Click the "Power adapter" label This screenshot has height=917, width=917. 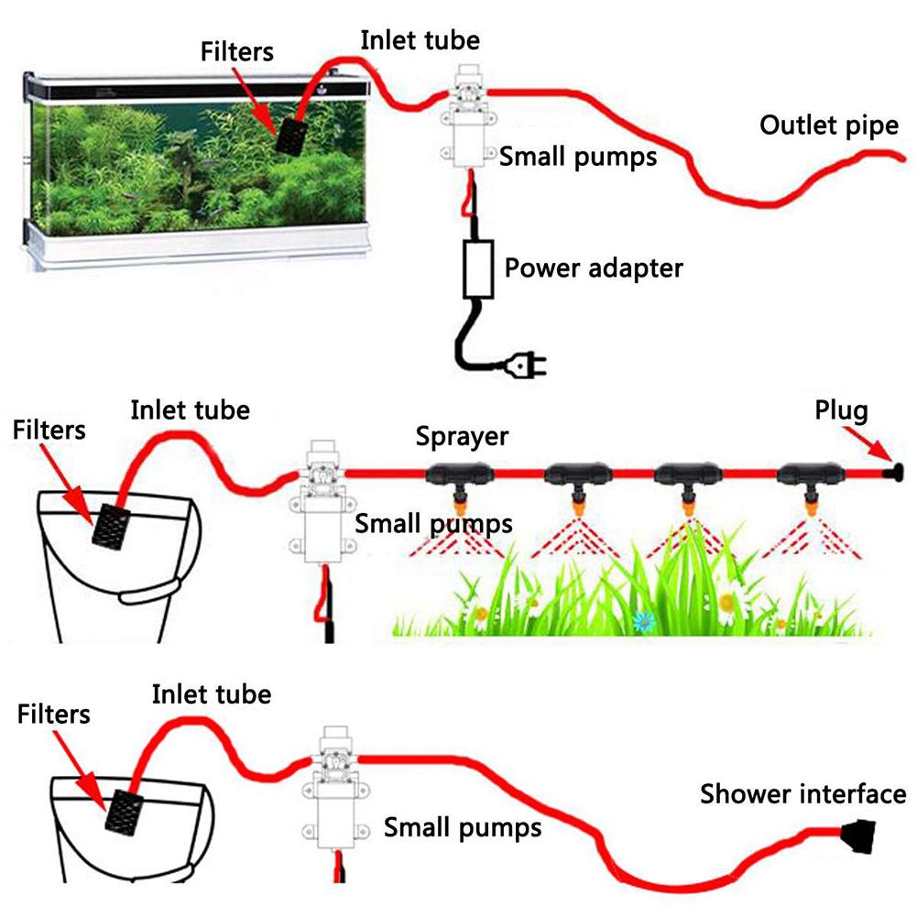594,268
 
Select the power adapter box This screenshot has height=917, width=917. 479,268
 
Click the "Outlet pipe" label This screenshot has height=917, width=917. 829,126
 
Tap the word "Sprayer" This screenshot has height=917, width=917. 462,435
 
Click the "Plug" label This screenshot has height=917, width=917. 841,411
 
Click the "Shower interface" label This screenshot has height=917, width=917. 802,793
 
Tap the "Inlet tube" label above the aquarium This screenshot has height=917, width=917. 420,39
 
